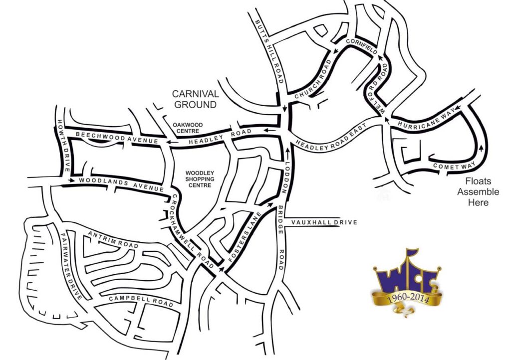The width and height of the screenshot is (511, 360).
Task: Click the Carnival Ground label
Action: point(195,99)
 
